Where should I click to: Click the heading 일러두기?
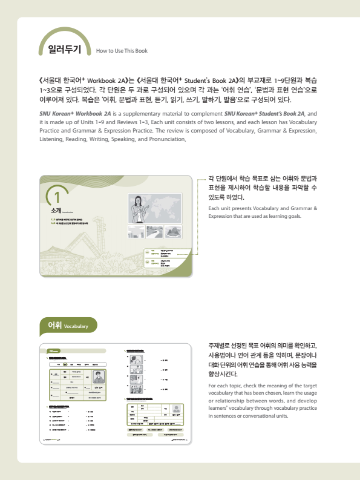click(x=65, y=50)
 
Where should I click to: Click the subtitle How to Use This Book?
click(x=122, y=51)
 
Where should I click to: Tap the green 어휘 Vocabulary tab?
click(x=68, y=326)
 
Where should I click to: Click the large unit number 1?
click(x=57, y=197)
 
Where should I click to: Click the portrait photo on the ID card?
click(x=98, y=378)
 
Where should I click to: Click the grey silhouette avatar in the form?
click(x=175, y=409)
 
